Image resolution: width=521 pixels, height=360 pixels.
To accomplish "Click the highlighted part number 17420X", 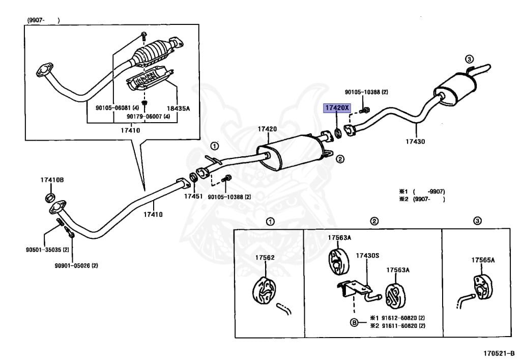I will [x=337, y=108].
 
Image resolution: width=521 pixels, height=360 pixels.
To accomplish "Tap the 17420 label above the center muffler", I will [x=267, y=129].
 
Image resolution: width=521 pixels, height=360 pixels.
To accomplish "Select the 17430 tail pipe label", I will [x=415, y=142].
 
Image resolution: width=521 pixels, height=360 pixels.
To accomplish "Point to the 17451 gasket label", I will [x=193, y=196].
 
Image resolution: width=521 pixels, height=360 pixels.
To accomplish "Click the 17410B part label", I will [x=52, y=180].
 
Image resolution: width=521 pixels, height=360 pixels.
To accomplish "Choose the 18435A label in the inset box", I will [x=178, y=108].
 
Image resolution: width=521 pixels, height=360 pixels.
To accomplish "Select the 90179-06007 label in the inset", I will [x=148, y=117].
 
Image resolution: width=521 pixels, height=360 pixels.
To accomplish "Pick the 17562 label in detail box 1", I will [x=265, y=258].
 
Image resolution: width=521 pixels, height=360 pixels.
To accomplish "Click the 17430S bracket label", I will [x=367, y=255].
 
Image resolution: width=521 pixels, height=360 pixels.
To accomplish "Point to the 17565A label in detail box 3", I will [x=483, y=260].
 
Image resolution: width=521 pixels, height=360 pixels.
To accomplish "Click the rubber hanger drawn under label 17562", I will [x=264, y=292].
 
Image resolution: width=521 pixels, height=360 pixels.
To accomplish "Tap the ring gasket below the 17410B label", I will [x=50, y=198].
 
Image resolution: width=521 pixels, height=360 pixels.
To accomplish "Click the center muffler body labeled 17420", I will [x=291, y=150].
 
